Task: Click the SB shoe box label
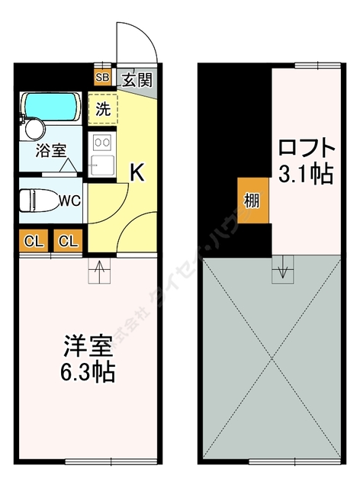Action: [x=102, y=77]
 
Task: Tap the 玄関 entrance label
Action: [x=137, y=78]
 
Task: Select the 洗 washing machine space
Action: [x=104, y=108]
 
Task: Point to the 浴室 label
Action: [x=50, y=150]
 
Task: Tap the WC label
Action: [x=70, y=202]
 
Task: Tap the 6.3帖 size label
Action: [x=88, y=373]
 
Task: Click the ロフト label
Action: [x=305, y=147]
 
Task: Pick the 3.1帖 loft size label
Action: [x=305, y=175]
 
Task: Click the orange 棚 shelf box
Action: [x=252, y=201]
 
